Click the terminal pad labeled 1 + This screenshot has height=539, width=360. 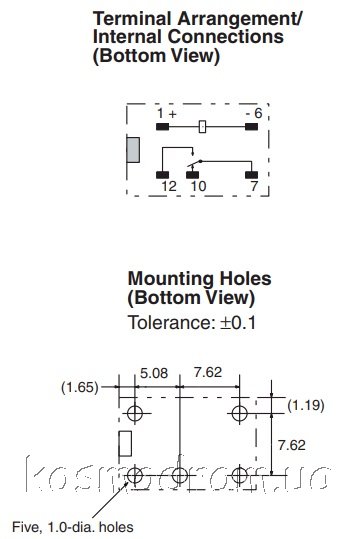(x=162, y=127)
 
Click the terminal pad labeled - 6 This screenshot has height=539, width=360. (x=251, y=127)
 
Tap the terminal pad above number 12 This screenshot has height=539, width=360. (x=162, y=175)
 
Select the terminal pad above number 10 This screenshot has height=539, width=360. (x=192, y=175)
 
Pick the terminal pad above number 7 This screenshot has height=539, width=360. (x=251, y=175)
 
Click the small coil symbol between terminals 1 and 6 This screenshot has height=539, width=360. (x=203, y=127)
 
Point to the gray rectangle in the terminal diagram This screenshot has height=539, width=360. (x=133, y=150)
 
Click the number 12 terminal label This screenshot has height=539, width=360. (x=169, y=186)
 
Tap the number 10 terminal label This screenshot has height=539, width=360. (x=198, y=186)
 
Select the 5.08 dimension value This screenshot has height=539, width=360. (x=154, y=373)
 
